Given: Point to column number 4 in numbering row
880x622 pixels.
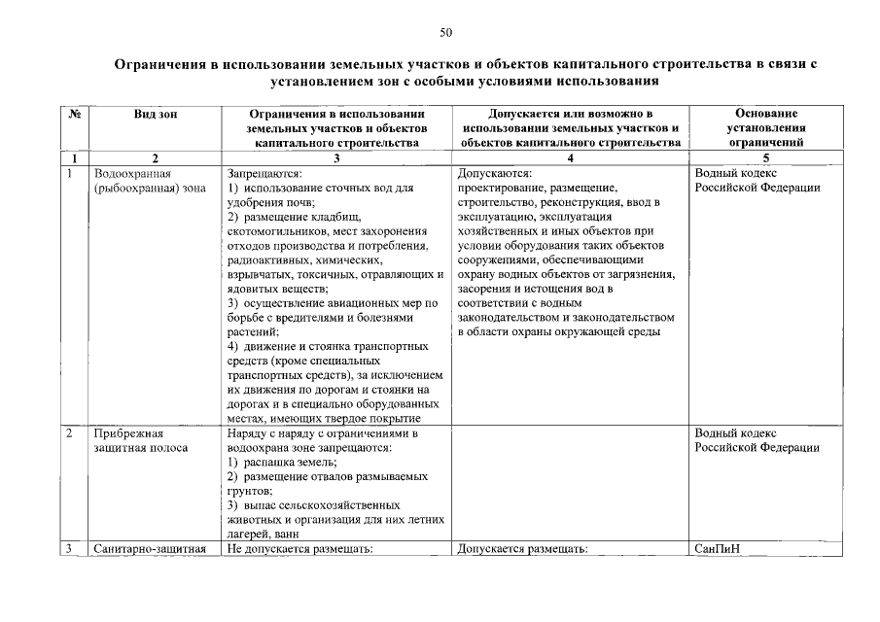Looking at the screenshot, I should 570,157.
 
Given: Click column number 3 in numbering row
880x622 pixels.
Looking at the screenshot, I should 335,157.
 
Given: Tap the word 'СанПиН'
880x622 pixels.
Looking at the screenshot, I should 718,549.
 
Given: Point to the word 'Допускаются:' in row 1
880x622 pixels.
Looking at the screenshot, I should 489,173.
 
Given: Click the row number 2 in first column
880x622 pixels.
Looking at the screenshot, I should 71,433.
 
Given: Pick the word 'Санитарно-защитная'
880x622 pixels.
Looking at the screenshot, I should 151,549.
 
